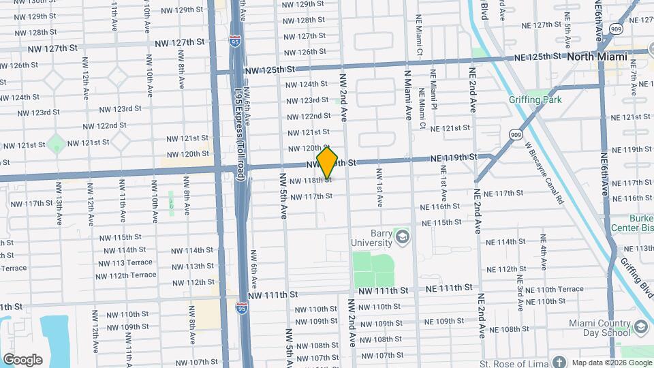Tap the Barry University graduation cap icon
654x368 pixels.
pyautogui.click(x=403, y=237)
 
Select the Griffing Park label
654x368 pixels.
pyautogui.click(x=535, y=99)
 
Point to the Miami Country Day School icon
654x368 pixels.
pyautogui.click(x=640, y=328)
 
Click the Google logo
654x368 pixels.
pyautogui.click(x=22, y=360)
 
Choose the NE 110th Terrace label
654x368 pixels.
pyautogui.click(x=555, y=290)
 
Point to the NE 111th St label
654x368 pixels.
pyautogui.click(x=449, y=288)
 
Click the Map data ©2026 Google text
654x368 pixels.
pyautogui.click(x=611, y=362)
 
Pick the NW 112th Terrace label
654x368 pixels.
pyautogui.click(x=126, y=275)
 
